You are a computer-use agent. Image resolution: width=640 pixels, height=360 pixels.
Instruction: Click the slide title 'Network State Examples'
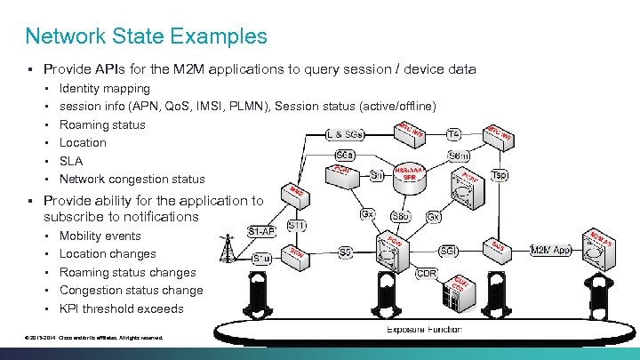tap(146, 36)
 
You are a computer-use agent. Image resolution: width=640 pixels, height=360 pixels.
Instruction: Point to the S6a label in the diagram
tap(345, 156)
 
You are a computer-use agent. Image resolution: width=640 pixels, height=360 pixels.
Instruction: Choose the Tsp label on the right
tap(500, 175)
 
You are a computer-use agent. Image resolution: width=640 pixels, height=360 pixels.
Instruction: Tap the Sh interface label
tap(377, 175)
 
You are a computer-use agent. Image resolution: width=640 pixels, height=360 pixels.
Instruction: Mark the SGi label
tap(448, 252)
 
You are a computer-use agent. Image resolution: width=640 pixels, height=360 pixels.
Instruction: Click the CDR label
tap(427, 273)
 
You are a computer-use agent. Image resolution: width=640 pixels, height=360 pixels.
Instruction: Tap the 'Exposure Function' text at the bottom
tap(424, 330)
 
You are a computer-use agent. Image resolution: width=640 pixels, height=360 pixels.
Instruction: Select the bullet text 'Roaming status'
tap(102, 124)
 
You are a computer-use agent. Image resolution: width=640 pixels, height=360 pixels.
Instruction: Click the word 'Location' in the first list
tap(83, 142)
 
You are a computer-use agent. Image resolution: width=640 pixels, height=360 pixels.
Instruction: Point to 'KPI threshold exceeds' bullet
tap(122, 308)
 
